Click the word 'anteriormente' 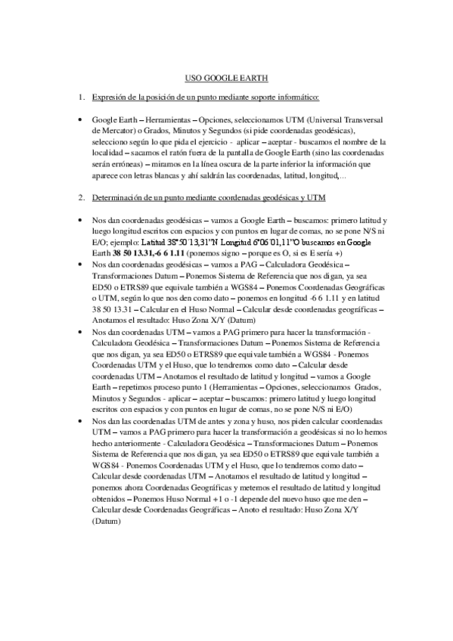[124, 443]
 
